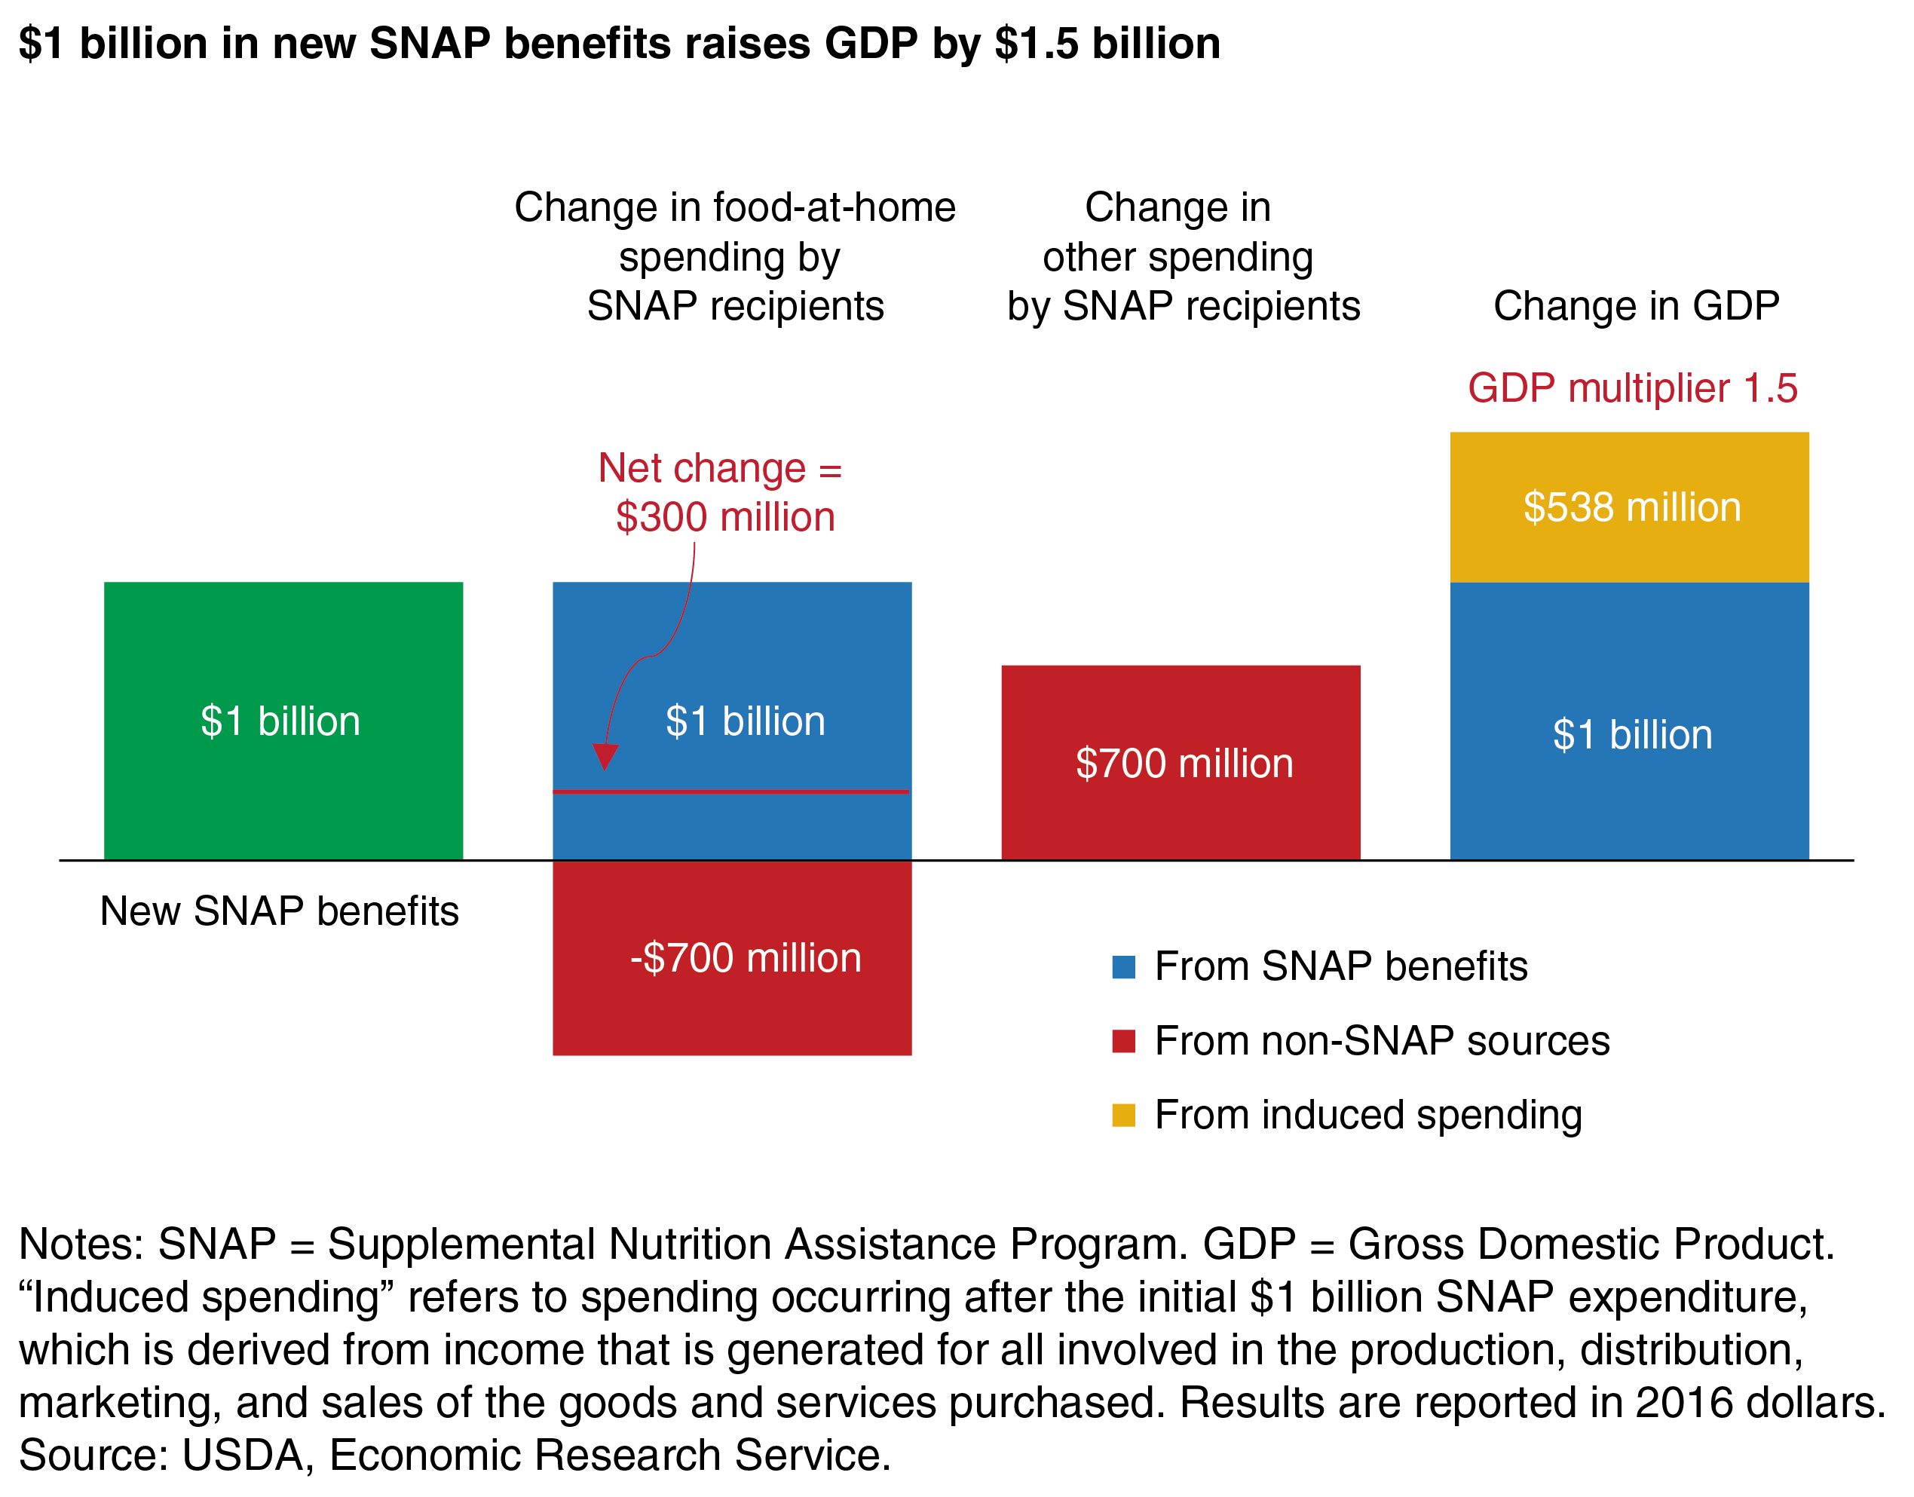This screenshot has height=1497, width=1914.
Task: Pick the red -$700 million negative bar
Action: [x=732, y=1008]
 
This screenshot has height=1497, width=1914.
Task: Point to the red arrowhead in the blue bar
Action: [x=605, y=755]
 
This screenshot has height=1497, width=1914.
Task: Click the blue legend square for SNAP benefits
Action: [x=1122, y=967]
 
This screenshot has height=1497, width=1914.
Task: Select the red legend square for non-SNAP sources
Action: [x=1122, y=1041]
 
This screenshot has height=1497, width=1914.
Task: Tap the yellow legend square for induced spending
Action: [x=1122, y=1115]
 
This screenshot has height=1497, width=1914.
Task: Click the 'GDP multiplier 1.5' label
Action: [x=1632, y=388]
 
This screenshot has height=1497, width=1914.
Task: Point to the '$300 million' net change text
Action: [x=724, y=517]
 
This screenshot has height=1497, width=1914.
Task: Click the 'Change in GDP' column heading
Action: [x=1635, y=306]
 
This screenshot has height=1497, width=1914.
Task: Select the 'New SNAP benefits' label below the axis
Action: [x=280, y=911]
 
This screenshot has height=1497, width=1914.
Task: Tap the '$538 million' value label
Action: [x=1632, y=507]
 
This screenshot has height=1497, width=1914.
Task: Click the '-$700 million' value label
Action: [x=745, y=958]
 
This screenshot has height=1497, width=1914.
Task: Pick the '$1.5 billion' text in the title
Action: [x=1107, y=43]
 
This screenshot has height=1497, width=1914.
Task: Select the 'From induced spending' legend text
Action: [x=1368, y=1115]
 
